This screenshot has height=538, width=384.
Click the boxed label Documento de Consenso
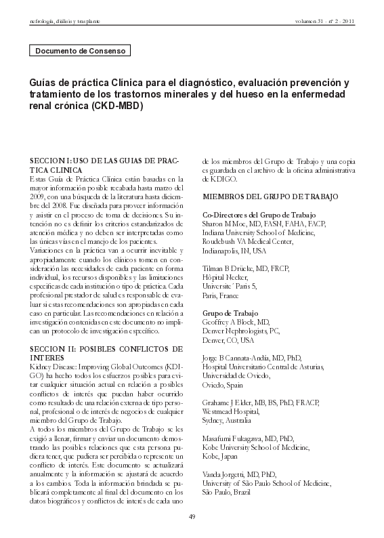pyautogui.click(x=79, y=51)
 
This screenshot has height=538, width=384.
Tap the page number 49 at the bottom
pyautogui.click(x=192, y=517)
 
